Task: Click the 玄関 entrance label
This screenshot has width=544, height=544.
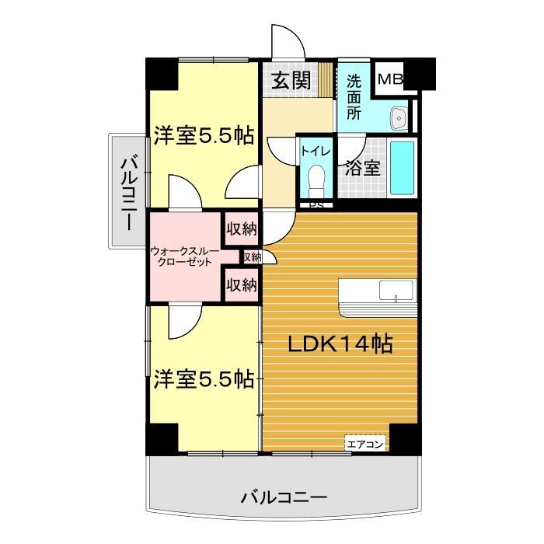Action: tap(291, 80)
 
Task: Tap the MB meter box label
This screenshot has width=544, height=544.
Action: tap(390, 79)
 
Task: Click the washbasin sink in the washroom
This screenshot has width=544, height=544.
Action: tap(400, 118)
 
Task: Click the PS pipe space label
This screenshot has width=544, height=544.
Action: tap(316, 206)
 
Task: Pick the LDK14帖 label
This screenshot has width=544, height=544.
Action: tap(340, 343)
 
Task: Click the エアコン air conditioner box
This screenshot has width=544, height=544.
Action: tap(365, 445)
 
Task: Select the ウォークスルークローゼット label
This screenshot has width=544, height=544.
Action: tap(184, 257)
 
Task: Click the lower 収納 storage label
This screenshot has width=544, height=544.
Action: tap(241, 285)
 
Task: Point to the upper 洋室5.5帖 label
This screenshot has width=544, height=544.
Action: tap(203, 137)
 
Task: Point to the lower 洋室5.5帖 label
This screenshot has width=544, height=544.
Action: tap(203, 379)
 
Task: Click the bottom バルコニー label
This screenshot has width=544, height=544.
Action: tap(284, 497)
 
